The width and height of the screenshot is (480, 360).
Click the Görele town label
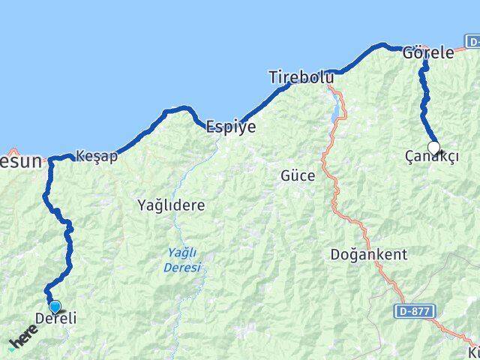428,52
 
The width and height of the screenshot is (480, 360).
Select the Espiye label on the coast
231,127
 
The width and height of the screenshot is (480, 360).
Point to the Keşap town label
97,157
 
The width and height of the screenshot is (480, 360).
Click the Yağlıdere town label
171,204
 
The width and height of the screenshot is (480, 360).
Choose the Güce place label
297,176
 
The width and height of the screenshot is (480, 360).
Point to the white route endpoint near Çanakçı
433,148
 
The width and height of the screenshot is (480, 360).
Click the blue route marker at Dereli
54,306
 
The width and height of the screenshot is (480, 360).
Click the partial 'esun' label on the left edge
19,160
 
